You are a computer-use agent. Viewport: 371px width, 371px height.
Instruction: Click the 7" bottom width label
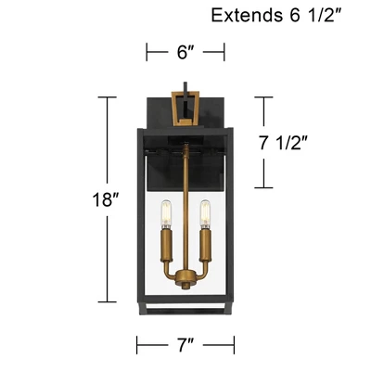tap(185, 345)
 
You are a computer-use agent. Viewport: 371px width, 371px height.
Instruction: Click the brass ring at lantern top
tap(186, 107)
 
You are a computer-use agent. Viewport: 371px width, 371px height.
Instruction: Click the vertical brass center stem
tap(186, 204)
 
